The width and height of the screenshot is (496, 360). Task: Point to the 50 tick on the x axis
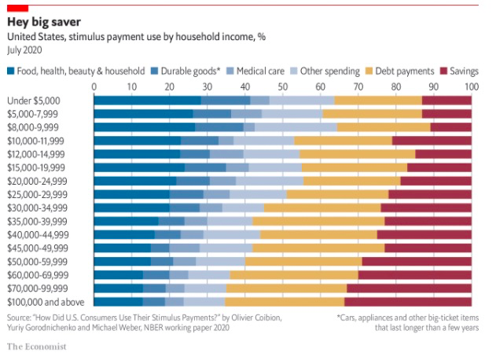click(x=283, y=86)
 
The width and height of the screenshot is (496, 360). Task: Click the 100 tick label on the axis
click(x=471, y=86)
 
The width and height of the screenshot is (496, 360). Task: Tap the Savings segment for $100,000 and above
click(x=408, y=300)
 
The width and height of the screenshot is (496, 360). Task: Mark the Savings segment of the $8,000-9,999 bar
click(x=450, y=127)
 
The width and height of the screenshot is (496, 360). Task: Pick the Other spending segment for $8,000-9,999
click(x=296, y=127)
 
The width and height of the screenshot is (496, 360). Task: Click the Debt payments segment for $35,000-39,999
click(x=318, y=220)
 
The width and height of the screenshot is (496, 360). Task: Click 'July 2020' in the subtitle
click(x=26, y=49)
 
